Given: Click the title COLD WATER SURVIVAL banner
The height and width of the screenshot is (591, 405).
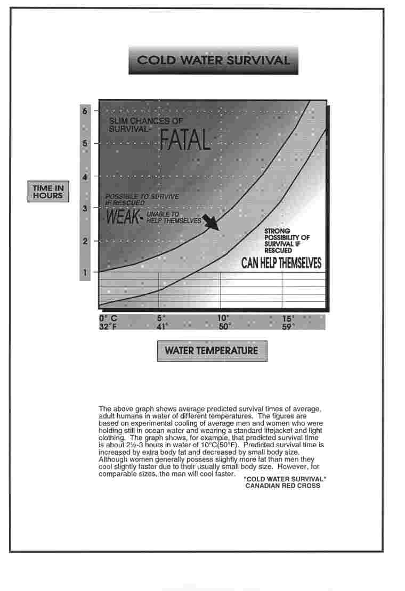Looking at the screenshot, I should click(213, 60).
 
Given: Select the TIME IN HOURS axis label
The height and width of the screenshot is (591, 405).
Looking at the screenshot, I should click(47, 192).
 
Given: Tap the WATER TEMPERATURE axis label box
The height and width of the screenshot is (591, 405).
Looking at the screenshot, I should click(212, 351).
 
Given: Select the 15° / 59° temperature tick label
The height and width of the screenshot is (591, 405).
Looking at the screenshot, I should click(288, 323).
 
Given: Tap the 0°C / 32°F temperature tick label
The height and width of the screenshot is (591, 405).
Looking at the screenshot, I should click(108, 323).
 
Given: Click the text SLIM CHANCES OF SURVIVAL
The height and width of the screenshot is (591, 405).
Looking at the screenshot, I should click(145, 125).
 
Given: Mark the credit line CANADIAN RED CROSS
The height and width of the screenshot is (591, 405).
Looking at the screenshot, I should click(282, 486).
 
